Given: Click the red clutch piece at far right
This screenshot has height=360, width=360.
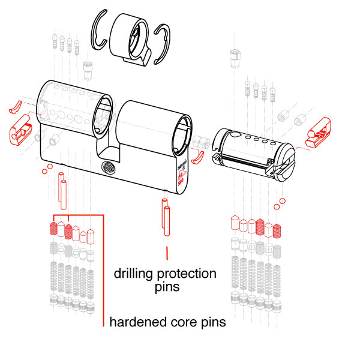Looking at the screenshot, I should coord(319,133).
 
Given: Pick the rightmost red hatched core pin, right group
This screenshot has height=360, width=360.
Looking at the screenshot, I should coord(277,229).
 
